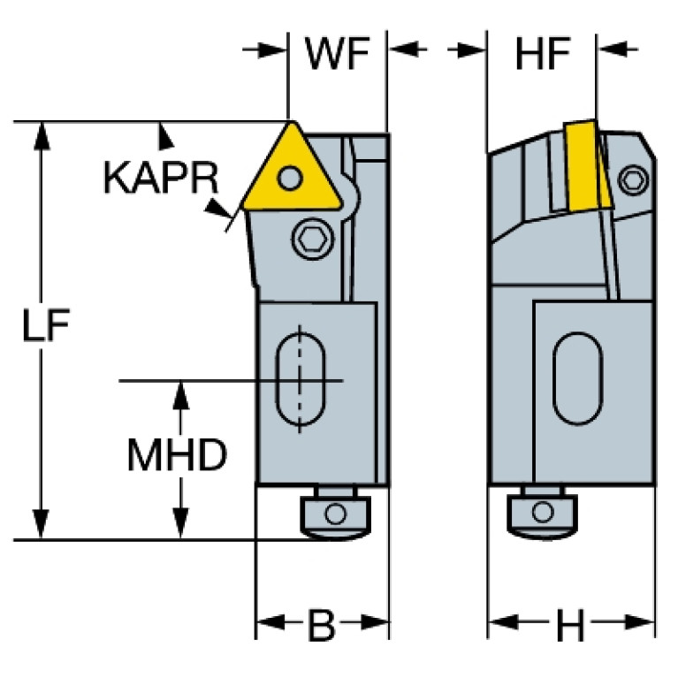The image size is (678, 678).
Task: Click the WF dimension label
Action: click(337, 56)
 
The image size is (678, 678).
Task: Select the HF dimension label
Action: click(541, 56)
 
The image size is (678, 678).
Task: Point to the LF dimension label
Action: click(45, 327)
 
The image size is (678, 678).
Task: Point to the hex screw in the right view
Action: click(631, 179)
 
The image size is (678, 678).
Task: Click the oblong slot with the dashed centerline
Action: click(301, 381)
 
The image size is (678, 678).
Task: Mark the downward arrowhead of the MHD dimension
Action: click(181, 526)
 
